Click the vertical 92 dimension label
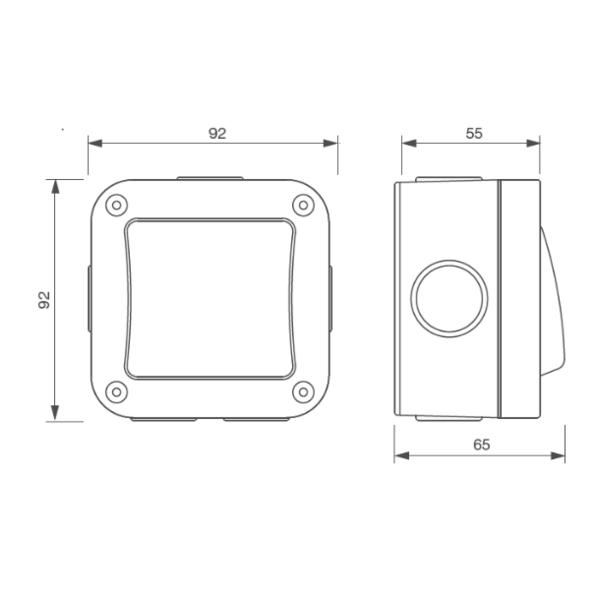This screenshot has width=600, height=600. (x=45, y=301)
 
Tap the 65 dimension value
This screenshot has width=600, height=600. (x=480, y=447)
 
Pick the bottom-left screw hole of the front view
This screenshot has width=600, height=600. (x=116, y=391)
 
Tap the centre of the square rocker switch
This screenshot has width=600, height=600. (x=211, y=298)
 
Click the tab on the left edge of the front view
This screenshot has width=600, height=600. (x=87, y=298)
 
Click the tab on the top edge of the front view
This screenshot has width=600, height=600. (x=210, y=179)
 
